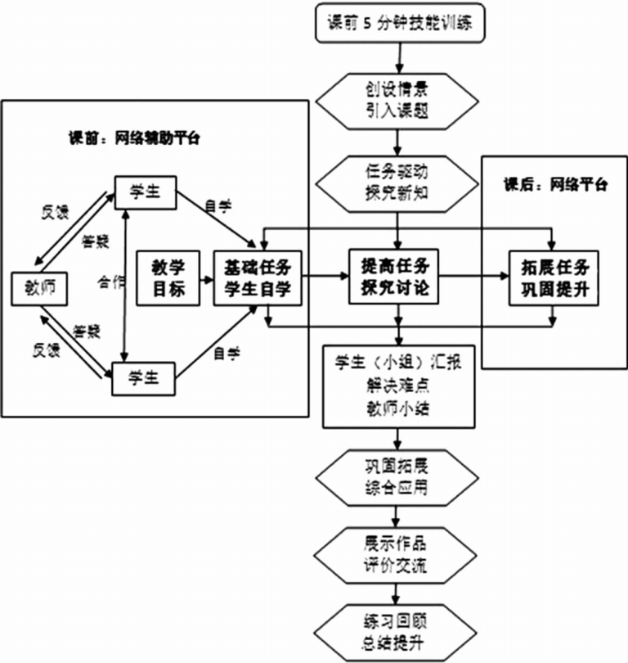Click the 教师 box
pos(39,288)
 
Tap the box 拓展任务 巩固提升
pos(554,277)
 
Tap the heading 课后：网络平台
pos(555,184)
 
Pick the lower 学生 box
pos(146,378)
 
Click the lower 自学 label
pos(227,353)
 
